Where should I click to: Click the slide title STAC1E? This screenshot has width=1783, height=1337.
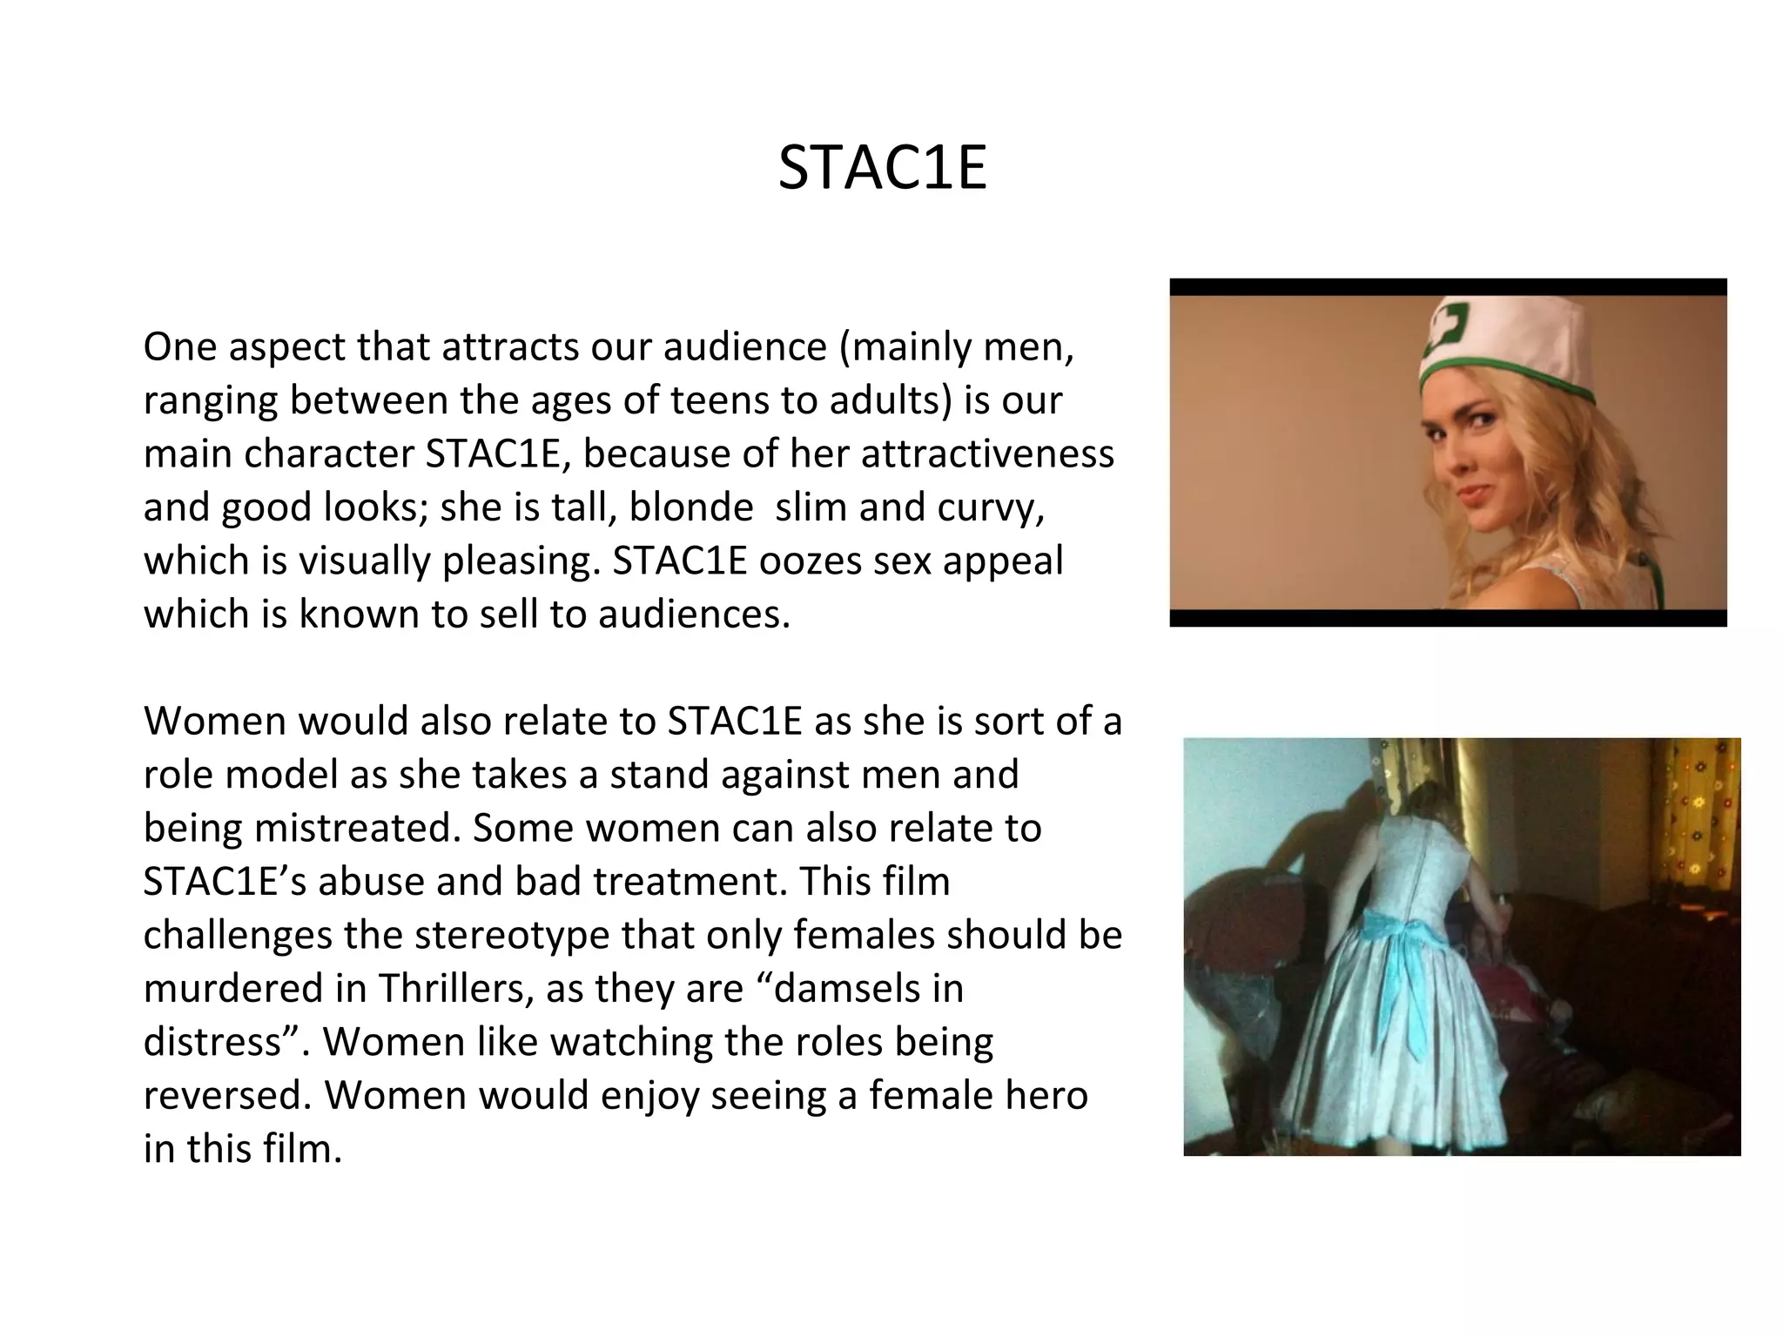(x=882, y=167)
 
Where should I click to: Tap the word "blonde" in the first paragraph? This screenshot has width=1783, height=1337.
(x=691, y=507)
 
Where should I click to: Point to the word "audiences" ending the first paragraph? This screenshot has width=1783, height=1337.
(x=693, y=614)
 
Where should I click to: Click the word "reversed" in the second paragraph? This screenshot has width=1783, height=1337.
(x=226, y=1094)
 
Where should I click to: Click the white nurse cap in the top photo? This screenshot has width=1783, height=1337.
(x=1506, y=344)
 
